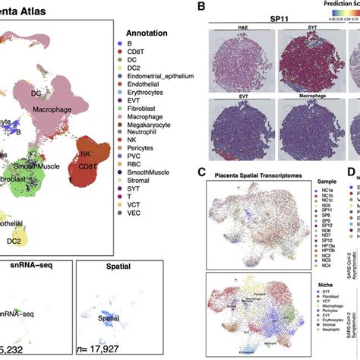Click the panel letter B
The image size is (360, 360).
(x=201, y=7)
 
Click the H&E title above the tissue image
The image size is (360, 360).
(x=229, y=30)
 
